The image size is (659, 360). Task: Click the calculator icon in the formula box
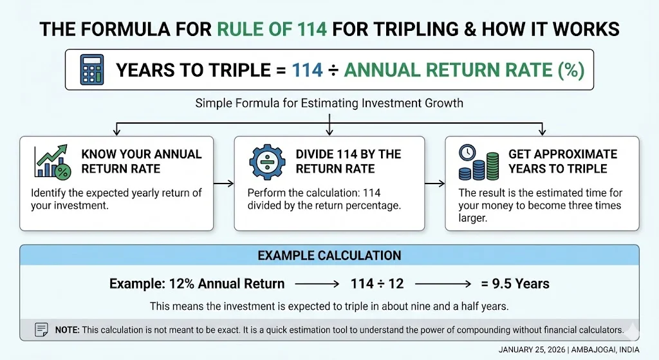92,70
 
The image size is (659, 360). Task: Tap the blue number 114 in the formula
307,70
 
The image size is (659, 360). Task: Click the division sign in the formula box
333,70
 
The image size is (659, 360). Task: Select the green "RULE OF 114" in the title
272,29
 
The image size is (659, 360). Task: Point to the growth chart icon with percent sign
53,161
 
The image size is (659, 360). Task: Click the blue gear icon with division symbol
267,162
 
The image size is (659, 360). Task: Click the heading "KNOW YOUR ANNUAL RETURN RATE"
142,162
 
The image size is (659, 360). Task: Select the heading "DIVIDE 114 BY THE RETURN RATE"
348,162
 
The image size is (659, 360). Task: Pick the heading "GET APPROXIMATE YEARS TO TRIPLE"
562,162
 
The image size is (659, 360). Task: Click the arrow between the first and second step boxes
223,184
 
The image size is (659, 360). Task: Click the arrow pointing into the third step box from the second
434,184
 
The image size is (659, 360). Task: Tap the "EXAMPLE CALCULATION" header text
329,255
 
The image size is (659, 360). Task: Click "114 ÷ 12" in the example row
377,284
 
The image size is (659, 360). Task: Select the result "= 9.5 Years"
515,284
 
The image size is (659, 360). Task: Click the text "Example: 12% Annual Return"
197,284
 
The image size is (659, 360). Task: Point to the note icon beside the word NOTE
41,330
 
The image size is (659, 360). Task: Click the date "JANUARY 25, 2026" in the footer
532,350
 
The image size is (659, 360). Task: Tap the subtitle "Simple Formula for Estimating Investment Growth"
329,103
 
